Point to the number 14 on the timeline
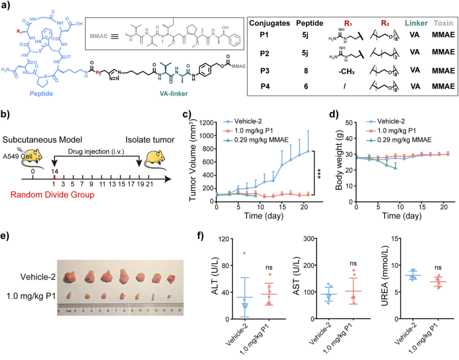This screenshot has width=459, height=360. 54,170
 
